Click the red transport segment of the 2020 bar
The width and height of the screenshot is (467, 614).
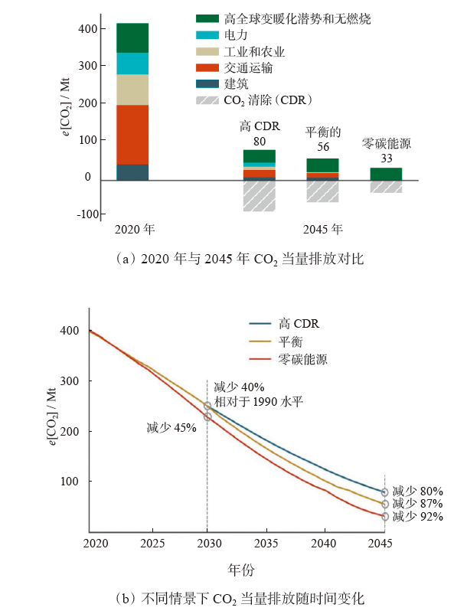pyautogui.click(x=132, y=134)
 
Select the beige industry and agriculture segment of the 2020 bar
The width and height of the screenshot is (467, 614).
pyautogui.click(x=132, y=90)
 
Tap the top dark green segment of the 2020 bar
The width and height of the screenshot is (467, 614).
pyautogui.click(x=132, y=38)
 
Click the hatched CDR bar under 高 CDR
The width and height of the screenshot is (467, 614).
pyautogui.click(x=259, y=195)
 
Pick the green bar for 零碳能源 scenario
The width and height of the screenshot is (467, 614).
pyautogui.click(x=386, y=174)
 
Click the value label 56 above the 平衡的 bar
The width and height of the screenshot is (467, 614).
pyautogui.click(x=322, y=147)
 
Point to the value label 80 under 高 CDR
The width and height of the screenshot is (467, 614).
pyautogui.click(x=259, y=141)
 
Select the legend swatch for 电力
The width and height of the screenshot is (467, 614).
pyautogui.click(x=207, y=35)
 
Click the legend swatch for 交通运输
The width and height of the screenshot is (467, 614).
pyautogui.click(x=207, y=68)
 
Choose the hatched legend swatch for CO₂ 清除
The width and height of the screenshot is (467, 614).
pyautogui.click(x=207, y=100)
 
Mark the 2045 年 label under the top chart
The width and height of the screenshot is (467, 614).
pyautogui.click(x=322, y=229)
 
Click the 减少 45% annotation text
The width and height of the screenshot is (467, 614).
pyautogui.click(x=171, y=428)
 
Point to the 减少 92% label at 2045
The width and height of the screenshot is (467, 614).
pyautogui.click(x=417, y=517)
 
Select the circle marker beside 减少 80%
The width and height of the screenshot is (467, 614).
pyautogui.click(x=385, y=492)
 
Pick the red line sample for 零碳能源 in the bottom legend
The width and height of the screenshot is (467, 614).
pyautogui.click(x=263, y=358)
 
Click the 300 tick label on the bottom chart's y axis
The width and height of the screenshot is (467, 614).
pyautogui.click(x=70, y=381)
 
